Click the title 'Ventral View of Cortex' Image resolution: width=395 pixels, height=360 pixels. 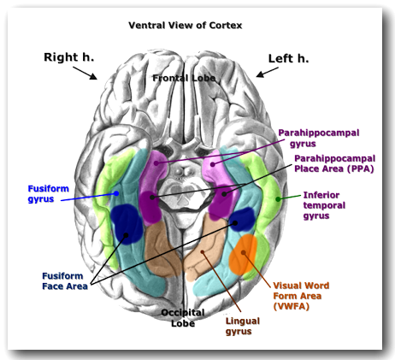(185, 25)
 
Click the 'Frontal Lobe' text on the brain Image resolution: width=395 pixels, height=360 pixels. (185, 78)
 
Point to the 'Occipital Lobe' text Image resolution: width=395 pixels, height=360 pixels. (184, 318)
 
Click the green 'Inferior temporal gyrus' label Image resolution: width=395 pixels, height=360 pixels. (328, 206)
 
